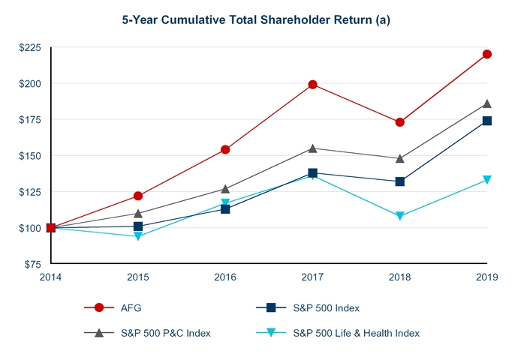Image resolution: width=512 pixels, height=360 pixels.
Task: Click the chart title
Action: tap(255, 20)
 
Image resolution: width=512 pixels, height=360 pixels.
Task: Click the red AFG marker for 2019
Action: tap(487, 54)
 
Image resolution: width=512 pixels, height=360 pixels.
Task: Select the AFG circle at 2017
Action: tap(312, 84)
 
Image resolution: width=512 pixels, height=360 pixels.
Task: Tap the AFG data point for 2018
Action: tap(400, 122)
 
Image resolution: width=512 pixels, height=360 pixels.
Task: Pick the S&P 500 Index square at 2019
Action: tap(487, 121)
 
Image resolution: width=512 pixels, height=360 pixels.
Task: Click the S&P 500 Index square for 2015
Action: tap(138, 226)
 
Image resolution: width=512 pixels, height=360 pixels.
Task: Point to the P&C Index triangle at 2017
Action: tap(312, 148)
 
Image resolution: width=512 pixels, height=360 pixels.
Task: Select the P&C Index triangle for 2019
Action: tap(487, 103)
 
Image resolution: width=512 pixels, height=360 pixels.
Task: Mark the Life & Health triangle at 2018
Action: tap(400, 216)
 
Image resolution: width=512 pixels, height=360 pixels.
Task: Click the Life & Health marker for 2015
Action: tap(138, 236)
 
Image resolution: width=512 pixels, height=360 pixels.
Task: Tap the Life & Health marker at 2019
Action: tap(487, 180)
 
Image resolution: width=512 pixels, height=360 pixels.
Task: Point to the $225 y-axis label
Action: tap(31, 47)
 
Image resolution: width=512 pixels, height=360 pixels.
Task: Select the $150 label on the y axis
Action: tap(31, 156)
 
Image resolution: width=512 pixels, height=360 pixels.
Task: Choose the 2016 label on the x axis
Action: tap(225, 277)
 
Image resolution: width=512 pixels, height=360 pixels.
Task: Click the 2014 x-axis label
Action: tap(51, 277)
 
